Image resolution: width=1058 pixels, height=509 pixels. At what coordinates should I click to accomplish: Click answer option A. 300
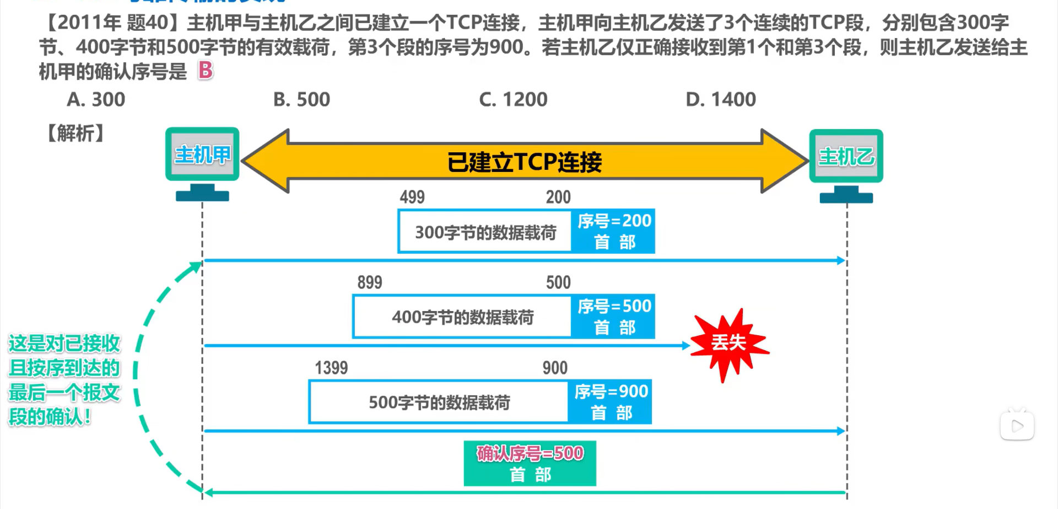point(96,99)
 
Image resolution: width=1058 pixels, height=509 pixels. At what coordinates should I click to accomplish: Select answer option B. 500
point(301,99)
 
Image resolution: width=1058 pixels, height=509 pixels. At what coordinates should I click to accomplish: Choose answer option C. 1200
point(513,99)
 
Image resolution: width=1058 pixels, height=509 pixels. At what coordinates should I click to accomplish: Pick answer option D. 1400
point(720,99)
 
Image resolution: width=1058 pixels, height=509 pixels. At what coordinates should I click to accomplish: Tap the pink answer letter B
point(206,70)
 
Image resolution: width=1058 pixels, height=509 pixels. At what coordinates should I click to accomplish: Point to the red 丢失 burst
point(728,343)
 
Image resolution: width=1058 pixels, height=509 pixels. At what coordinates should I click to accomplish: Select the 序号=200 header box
point(613,231)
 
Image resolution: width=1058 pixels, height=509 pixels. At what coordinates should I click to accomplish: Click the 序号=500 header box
point(613,317)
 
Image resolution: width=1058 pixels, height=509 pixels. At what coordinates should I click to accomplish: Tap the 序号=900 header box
point(610,402)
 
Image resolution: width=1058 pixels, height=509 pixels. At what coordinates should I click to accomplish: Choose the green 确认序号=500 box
point(530,463)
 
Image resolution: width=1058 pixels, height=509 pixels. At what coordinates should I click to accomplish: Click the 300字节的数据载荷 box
point(485,232)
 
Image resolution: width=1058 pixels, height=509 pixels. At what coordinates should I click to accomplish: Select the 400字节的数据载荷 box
point(462,317)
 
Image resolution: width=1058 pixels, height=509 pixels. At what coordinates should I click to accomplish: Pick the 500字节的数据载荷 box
point(439,403)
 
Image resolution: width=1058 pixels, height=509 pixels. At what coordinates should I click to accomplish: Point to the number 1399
point(331,368)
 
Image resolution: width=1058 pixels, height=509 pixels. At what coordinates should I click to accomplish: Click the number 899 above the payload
point(369,282)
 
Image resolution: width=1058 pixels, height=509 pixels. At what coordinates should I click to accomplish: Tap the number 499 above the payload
point(412,197)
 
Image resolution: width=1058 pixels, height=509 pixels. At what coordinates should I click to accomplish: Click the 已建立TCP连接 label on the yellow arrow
point(524,162)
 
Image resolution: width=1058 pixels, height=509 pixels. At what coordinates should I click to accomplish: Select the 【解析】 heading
point(75,133)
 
